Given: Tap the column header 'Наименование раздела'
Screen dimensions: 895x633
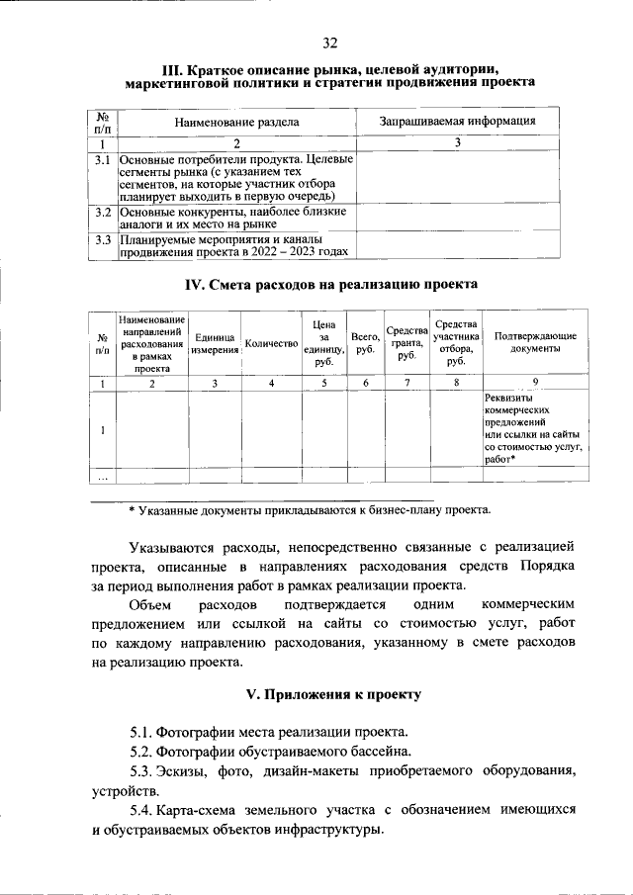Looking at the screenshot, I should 236,122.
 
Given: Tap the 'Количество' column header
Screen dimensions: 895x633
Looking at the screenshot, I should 271,343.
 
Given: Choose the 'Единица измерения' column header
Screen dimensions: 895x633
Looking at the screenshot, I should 215,343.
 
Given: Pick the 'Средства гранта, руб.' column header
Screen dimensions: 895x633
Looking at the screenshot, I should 407,343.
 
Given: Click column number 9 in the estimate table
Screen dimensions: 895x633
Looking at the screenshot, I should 535,383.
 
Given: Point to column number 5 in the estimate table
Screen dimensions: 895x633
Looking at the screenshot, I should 323,383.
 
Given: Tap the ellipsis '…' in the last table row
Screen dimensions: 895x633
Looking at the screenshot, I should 102,476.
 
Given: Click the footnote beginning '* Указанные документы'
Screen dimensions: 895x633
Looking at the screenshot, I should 309,510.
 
